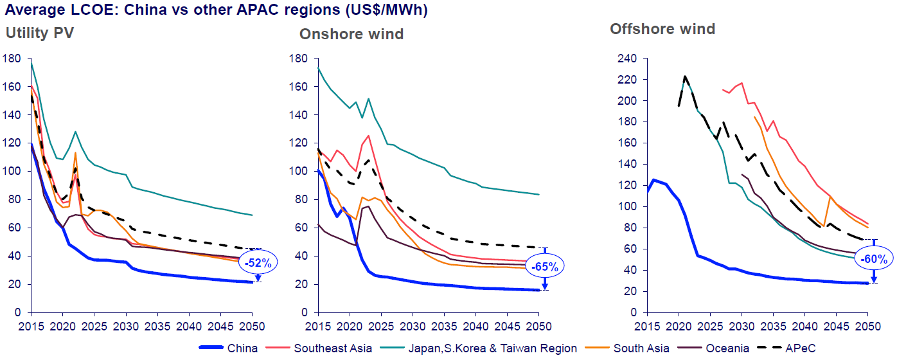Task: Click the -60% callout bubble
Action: pos(874,259)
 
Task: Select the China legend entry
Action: pos(242,348)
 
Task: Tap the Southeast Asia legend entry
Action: pos(333,348)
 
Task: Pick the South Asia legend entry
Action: pos(641,348)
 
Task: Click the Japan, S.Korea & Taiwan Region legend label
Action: pos(492,348)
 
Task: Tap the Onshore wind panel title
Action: pos(351,33)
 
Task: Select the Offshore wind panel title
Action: pos(662,29)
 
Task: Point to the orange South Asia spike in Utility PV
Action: pos(76,153)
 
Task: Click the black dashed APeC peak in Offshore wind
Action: pos(685,76)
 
